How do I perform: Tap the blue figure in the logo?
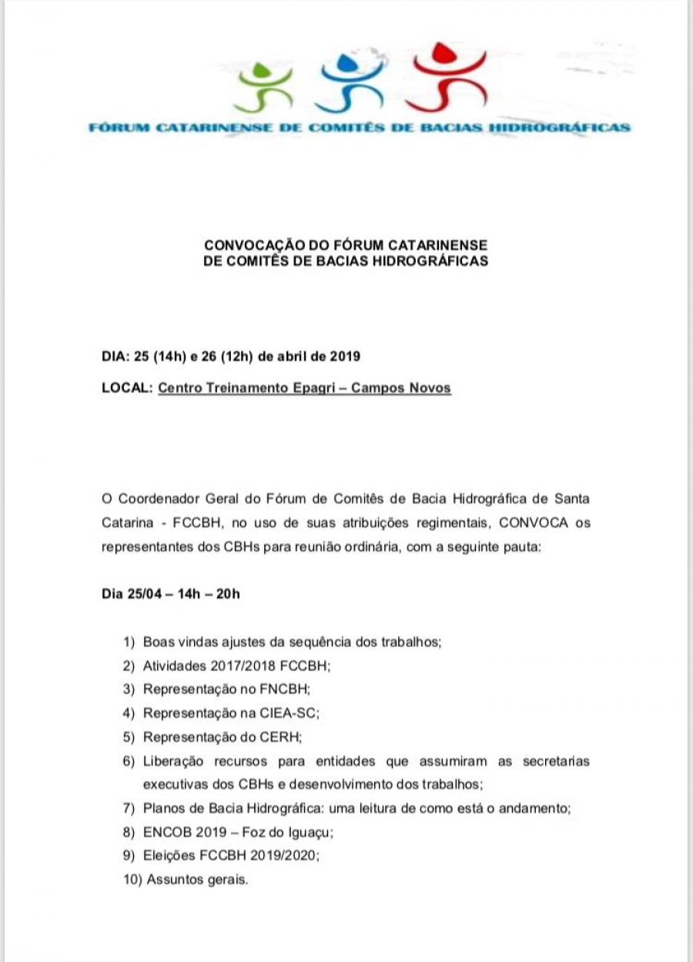350,80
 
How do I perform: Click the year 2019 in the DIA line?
346,357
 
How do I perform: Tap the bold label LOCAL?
126,388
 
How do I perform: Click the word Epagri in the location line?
316,388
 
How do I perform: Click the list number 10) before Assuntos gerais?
132,880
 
